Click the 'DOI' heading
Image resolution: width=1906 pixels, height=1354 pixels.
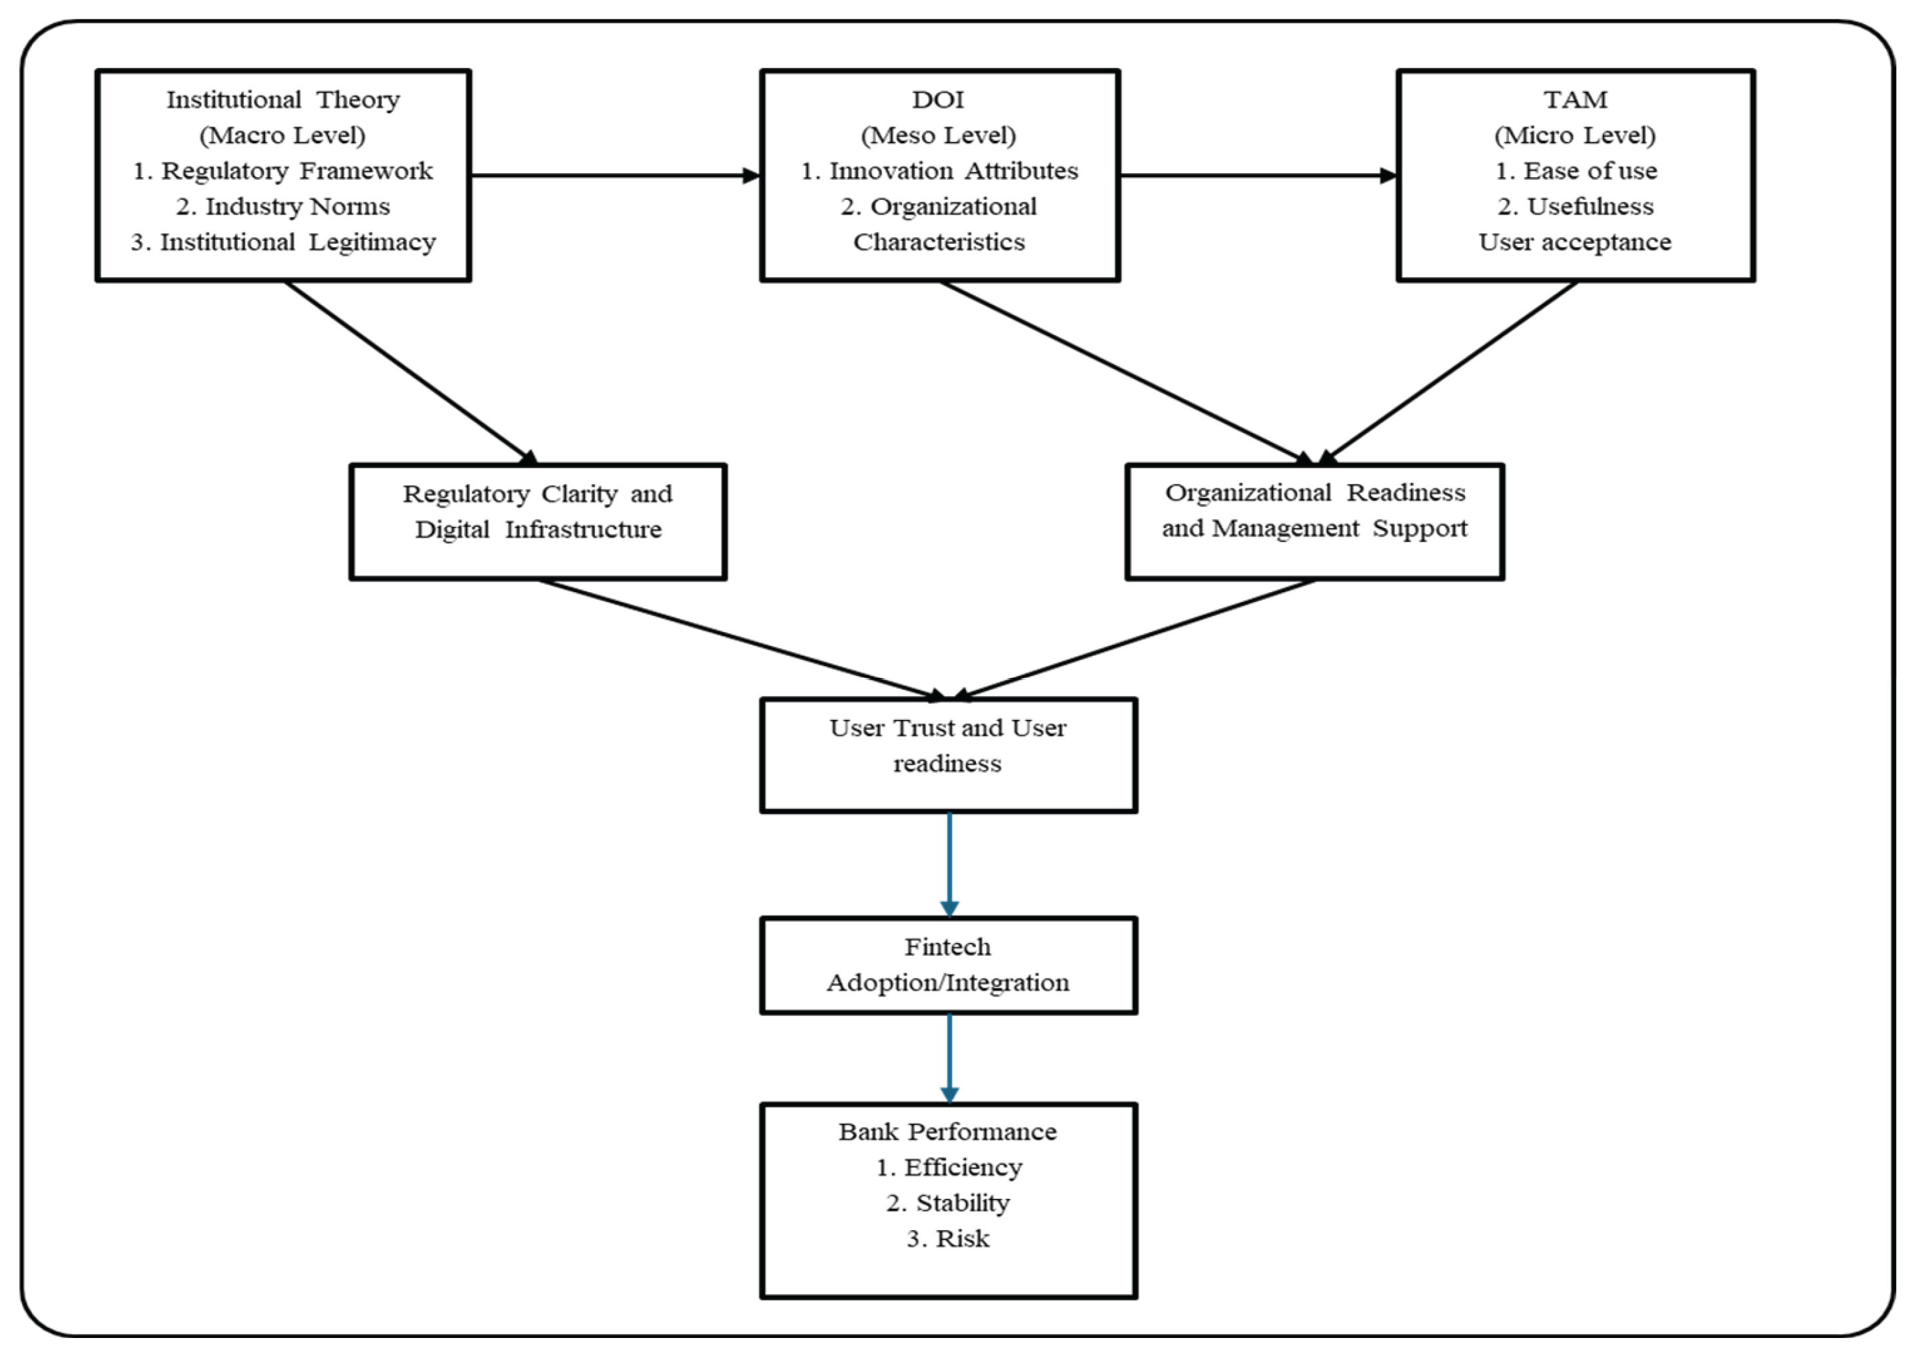point(938,99)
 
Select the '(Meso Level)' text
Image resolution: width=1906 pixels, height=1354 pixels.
point(938,135)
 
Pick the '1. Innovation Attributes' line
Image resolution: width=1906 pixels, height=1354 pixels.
point(939,171)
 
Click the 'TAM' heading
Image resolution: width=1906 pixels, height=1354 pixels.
point(1575,99)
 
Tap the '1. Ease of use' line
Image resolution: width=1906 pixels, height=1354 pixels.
point(1575,171)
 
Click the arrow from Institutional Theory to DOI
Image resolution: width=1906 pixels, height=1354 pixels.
point(614,175)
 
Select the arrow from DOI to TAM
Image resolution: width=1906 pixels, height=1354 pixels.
point(1257,175)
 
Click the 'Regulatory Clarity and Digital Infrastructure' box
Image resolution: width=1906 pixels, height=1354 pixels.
point(538,521)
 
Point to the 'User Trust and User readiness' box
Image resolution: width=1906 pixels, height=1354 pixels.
point(948,755)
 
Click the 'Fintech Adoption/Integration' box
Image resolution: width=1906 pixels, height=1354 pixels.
point(948,966)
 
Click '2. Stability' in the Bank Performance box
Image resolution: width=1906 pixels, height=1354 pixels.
point(948,1203)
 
